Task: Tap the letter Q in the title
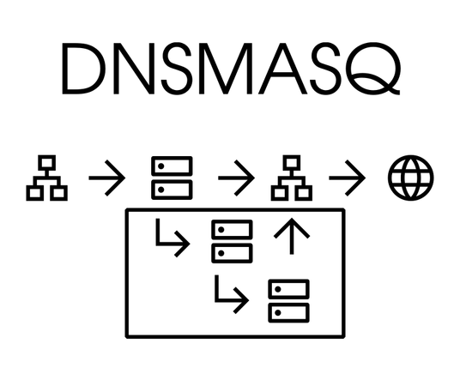pyautogui.click(x=373, y=68)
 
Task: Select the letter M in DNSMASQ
pyautogui.click(x=226, y=69)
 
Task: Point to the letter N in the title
pyautogui.click(x=134, y=69)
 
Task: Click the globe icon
pyautogui.click(x=411, y=178)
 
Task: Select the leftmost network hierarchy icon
pyautogui.click(x=47, y=178)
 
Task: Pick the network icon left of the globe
pyautogui.click(x=292, y=178)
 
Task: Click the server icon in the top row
pyautogui.click(x=172, y=178)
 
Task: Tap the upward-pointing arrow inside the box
pyautogui.click(x=292, y=236)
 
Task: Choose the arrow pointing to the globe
pyautogui.click(x=348, y=178)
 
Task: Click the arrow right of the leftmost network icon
pyautogui.click(x=107, y=178)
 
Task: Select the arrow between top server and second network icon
pyautogui.click(x=237, y=178)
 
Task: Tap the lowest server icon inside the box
pyautogui.click(x=288, y=301)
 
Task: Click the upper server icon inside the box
pyautogui.click(x=232, y=241)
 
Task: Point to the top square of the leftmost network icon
pyautogui.click(x=47, y=162)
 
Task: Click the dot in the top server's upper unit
pyautogui.click(x=160, y=166)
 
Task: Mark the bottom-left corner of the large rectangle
pyautogui.click(x=127, y=337)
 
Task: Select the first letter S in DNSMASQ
pyautogui.click(x=177, y=69)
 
